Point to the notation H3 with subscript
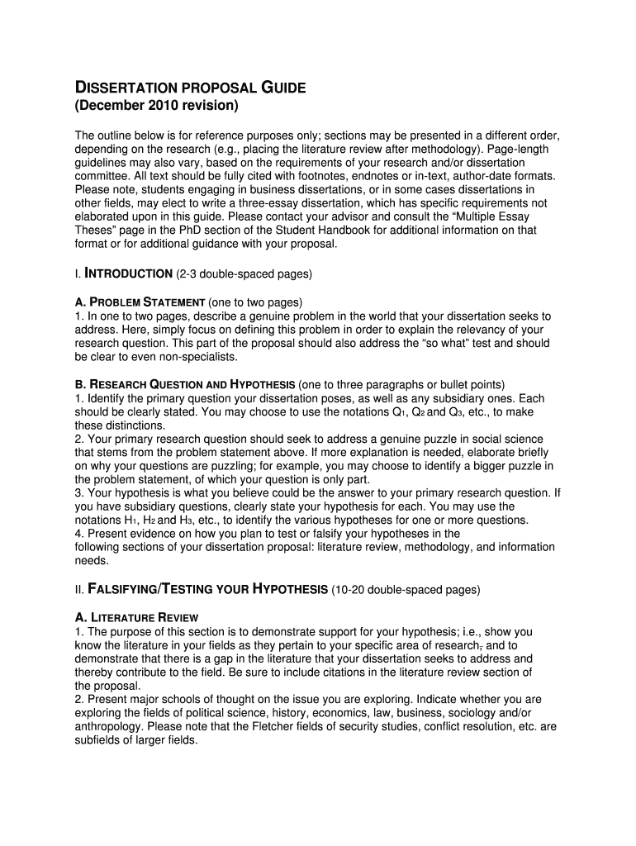(185, 520)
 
